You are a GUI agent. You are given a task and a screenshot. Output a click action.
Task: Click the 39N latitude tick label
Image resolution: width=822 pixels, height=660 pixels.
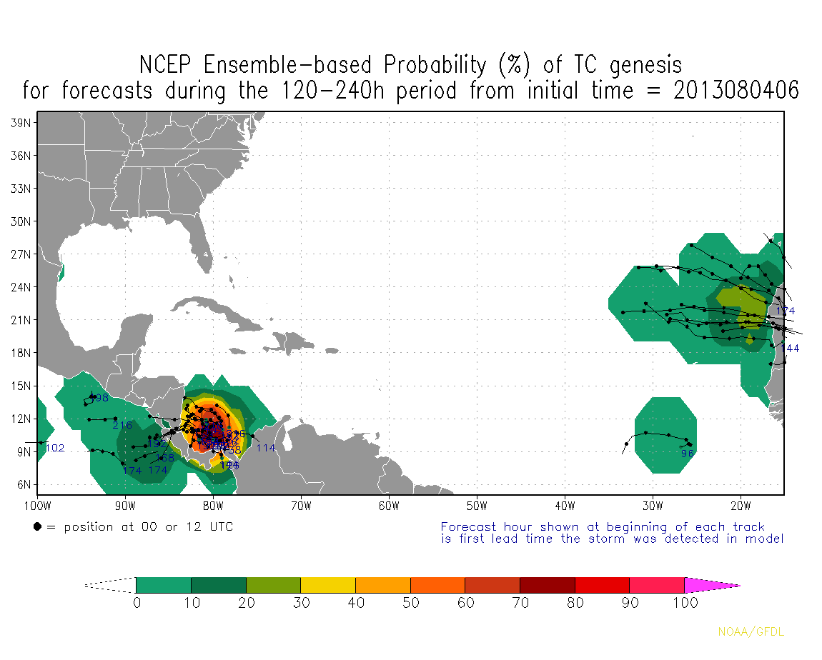pyautogui.click(x=19, y=123)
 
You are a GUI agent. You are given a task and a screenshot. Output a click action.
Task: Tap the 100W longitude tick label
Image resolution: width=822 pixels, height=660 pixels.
pyautogui.click(x=37, y=507)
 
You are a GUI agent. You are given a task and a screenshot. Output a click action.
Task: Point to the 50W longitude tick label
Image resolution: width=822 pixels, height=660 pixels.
pyautogui.click(x=477, y=507)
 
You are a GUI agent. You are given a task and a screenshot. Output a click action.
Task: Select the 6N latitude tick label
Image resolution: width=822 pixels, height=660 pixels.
pyautogui.click(x=22, y=485)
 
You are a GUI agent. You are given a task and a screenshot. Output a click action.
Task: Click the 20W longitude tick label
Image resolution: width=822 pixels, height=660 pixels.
pyautogui.click(x=741, y=507)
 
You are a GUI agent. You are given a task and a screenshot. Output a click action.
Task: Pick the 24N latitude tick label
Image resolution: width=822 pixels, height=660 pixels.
pyautogui.click(x=19, y=287)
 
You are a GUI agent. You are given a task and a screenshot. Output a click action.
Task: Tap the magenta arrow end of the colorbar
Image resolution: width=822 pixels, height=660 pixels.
pyautogui.click(x=711, y=586)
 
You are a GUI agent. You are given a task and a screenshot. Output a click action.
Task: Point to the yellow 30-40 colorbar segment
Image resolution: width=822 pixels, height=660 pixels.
pyautogui.click(x=328, y=586)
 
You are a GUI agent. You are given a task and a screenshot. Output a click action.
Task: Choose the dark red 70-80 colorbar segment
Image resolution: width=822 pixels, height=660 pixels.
pyautogui.click(x=548, y=586)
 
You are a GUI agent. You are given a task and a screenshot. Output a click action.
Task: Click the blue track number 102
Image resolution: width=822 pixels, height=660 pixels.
pyautogui.click(x=55, y=449)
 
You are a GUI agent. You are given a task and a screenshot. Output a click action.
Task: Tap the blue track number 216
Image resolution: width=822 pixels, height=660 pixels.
pyautogui.click(x=122, y=426)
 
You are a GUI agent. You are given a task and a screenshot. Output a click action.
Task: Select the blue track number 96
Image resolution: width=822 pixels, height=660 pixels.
pyautogui.click(x=688, y=454)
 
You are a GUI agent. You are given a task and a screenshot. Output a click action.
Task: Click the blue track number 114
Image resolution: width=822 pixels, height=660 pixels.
pyautogui.click(x=266, y=449)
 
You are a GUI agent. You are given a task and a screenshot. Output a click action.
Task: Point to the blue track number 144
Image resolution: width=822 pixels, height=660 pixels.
pyautogui.click(x=790, y=349)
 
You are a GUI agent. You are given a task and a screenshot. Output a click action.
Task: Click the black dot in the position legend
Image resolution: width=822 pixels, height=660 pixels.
pyautogui.click(x=37, y=527)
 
